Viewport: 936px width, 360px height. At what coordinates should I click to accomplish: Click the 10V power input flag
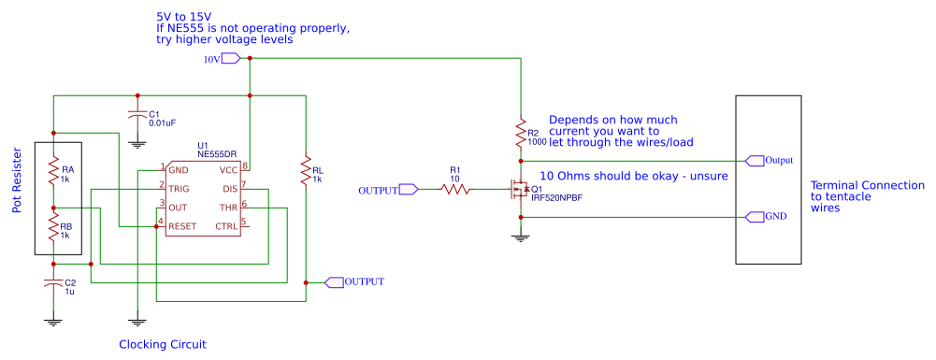231,59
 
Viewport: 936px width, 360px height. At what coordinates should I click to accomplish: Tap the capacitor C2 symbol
53,285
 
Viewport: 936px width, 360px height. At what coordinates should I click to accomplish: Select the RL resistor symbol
305,171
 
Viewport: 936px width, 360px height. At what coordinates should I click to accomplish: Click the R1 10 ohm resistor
454,190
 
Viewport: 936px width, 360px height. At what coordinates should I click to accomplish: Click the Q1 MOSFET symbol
516,191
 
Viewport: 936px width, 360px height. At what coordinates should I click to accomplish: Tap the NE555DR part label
216,153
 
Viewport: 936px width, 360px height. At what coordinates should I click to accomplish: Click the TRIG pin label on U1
180,188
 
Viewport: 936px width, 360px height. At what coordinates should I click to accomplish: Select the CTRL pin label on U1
226,224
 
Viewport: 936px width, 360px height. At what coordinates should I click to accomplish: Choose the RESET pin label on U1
183,224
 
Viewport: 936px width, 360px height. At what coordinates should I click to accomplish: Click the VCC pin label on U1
228,170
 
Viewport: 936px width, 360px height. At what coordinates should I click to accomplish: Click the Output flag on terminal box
754,160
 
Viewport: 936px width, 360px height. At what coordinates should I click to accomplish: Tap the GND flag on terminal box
754,217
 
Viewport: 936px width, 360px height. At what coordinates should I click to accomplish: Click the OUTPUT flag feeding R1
408,190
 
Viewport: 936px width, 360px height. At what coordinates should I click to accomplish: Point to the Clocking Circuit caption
162,345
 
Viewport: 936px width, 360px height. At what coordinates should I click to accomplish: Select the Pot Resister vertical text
17,180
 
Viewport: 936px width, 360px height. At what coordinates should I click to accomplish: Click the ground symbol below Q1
520,238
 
